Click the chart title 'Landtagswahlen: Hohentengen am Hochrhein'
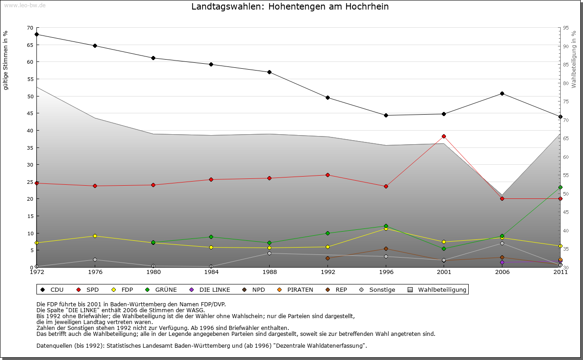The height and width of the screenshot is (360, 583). pos(290,7)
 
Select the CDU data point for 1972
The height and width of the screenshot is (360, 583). pos(36,34)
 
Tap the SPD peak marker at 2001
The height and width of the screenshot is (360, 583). pos(444,136)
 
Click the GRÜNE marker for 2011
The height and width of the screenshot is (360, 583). pos(560,187)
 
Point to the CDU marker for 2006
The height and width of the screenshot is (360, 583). pos(502,93)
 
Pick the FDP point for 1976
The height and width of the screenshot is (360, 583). pos(95,236)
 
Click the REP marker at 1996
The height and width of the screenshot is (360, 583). pos(386,248)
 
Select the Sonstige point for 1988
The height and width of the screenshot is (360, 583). pos(269,253)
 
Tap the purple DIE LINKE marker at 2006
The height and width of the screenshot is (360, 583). pos(502,262)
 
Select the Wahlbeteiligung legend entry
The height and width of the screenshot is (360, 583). pos(437,289)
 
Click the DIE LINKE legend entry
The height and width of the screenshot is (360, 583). pos(210,289)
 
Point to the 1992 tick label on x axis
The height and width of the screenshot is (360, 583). pos(327,272)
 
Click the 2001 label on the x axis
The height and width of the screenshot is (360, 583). pos(444,272)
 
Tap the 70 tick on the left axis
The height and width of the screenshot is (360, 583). pos(30,28)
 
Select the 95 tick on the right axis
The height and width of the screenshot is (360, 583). pos(566,28)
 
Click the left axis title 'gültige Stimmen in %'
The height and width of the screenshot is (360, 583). pos(6,60)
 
